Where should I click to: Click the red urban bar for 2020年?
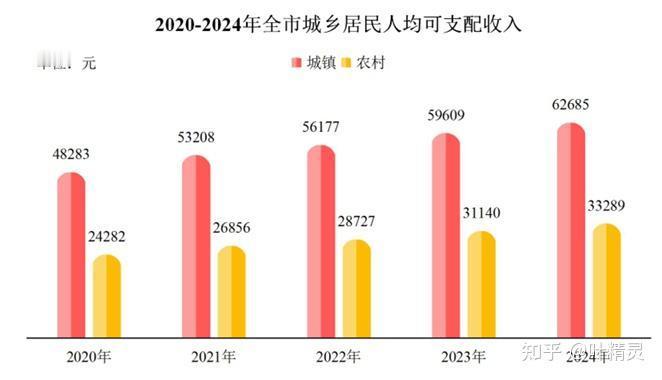tap(71, 255)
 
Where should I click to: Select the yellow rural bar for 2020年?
tap(106, 296)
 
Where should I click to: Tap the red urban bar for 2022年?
tap(321, 241)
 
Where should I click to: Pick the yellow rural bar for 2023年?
tap(481, 284)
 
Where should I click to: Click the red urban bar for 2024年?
tap(570, 229)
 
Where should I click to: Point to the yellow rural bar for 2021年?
tap(231, 291)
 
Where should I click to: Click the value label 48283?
tap(72, 156)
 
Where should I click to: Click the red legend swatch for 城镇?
tap(296, 63)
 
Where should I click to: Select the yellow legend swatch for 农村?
tap(347, 63)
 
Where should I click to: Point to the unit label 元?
tap(89, 63)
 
